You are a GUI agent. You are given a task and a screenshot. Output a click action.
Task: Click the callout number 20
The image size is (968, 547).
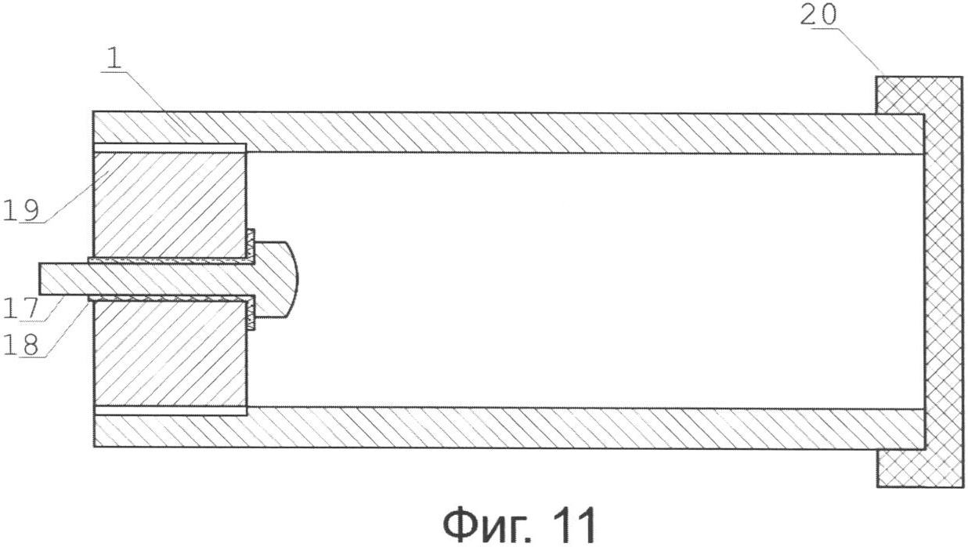coord(818,15)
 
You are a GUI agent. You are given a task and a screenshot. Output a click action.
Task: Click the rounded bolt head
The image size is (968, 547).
coord(276,279)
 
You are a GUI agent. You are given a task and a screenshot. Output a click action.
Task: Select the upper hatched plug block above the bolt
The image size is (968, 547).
coord(170,205)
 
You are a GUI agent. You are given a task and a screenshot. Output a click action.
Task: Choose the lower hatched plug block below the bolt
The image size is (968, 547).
coord(170,353)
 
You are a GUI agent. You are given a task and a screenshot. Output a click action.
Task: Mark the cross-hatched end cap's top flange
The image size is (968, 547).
coord(900,95)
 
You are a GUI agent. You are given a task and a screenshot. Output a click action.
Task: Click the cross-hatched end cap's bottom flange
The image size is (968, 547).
coord(900,469)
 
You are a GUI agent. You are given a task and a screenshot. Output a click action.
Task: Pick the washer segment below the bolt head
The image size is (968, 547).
coord(251,313)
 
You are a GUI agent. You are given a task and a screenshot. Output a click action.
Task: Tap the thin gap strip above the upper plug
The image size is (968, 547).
coord(170,148)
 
